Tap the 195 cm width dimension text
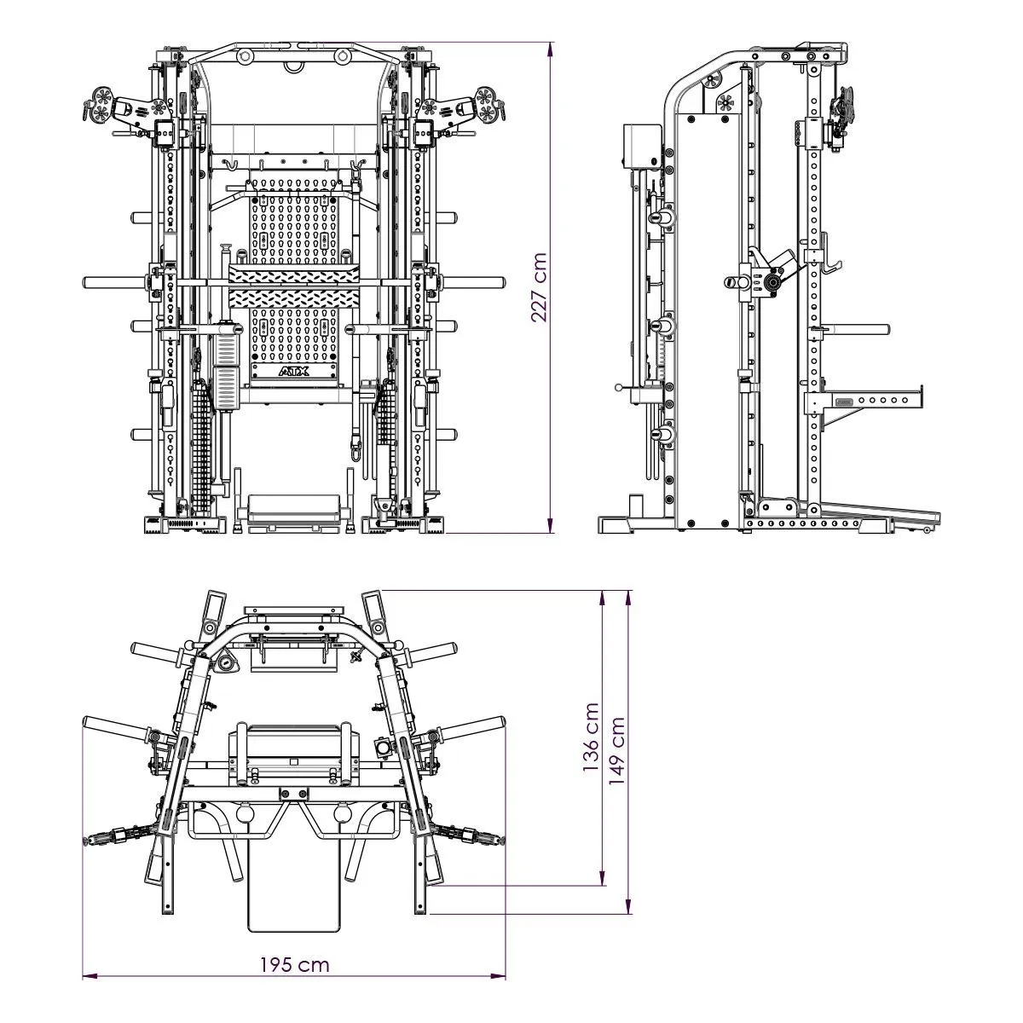coord(294,965)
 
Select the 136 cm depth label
coord(591,737)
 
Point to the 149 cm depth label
coord(616,749)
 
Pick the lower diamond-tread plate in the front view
coord(292,298)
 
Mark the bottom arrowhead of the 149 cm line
coord(630,906)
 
